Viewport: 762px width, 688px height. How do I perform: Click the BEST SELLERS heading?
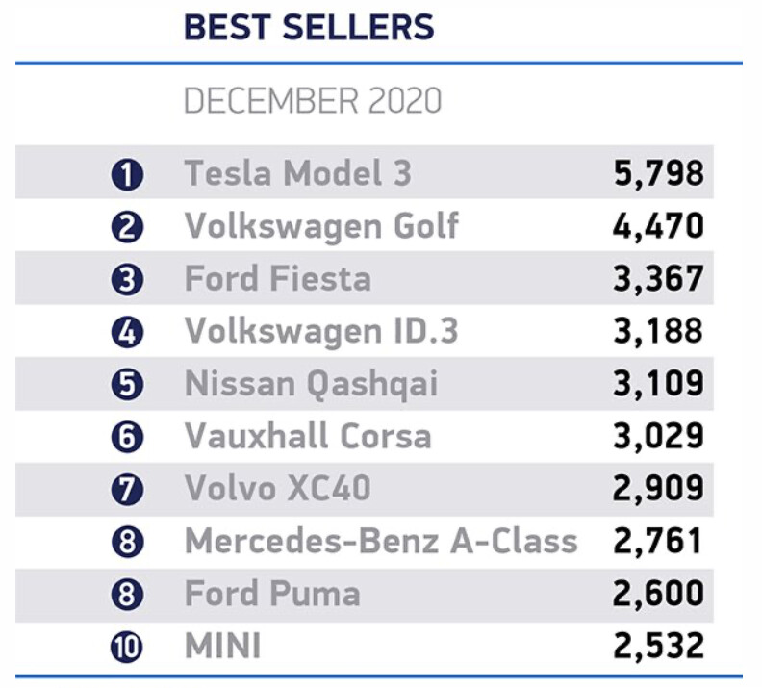pos(309,27)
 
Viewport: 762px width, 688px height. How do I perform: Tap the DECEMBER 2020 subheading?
pos(313,100)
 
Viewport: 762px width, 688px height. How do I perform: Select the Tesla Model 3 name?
pos(297,173)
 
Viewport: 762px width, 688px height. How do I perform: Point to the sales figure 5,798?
pos(658,173)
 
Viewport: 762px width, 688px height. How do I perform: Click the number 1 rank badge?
pos(127,175)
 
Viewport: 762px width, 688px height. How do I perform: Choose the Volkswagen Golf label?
pos(321,226)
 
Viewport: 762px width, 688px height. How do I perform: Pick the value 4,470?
pos(658,226)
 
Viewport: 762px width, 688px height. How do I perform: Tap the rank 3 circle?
pos(127,280)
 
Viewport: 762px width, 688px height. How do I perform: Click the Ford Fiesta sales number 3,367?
pos(658,279)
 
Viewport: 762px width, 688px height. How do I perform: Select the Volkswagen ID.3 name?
pos(321,331)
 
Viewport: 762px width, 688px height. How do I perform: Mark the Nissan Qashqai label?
pos(311,384)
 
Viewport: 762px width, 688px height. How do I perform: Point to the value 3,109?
pos(658,384)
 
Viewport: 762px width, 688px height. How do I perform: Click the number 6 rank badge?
pos(127,438)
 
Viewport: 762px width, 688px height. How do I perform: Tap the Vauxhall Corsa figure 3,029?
pos(658,437)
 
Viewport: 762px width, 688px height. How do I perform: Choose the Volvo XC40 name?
pos(277,489)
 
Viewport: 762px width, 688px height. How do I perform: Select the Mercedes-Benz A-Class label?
pos(381,542)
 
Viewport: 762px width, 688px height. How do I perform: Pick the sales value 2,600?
pos(658,594)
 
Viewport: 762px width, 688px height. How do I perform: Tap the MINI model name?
pos(222,647)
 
